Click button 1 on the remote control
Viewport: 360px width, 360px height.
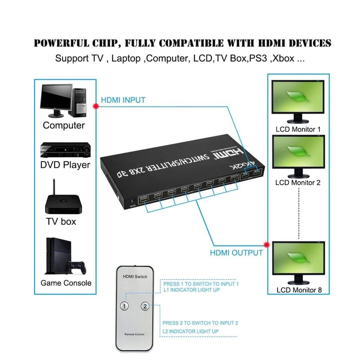[x=123, y=306]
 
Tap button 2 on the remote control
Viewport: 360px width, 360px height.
[x=145, y=306]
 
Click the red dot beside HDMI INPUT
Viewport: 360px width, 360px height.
[x=95, y=106]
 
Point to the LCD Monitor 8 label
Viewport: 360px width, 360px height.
[x=299, y=290]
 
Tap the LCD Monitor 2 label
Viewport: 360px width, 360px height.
[x=298, y=182]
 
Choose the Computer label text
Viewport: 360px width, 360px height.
[x=64, y=126]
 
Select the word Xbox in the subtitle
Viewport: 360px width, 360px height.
[x=283, y=58]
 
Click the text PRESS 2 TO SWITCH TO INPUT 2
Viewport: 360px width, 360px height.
[x=200, y=323]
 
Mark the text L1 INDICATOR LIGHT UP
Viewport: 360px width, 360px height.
[x=192, y=290]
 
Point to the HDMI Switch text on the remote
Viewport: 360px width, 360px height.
[x=135, y=277]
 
